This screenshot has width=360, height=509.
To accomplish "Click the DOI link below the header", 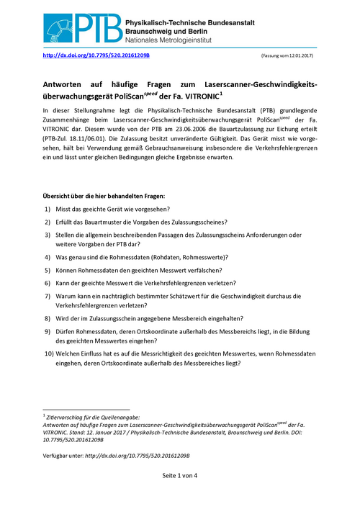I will click(96, 55).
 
